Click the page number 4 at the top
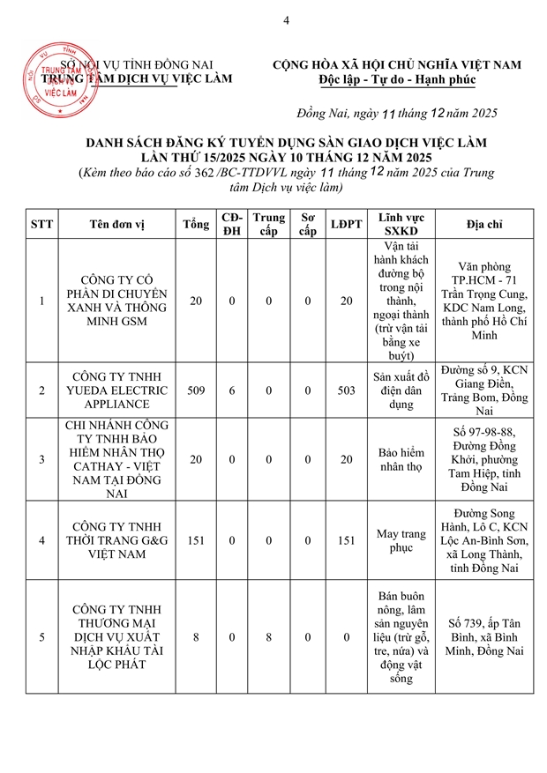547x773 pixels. [x=286, y=20]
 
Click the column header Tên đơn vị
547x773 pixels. [x=116, y=225]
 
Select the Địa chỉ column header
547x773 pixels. [x=485, y=225]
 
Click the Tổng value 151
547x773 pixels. [x=196, y=541]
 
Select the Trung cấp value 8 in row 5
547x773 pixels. [x=269, y=636]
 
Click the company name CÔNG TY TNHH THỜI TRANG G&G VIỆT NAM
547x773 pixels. [x=116, y=541]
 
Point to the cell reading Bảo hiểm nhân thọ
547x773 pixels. [x=401, y=459]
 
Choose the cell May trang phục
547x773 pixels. [x=401, y=541]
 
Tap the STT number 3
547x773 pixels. [x=42, y=459]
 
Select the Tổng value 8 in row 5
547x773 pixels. [x=196, y=636]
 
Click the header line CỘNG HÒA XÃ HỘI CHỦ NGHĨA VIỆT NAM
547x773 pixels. [x=397, y=64]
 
